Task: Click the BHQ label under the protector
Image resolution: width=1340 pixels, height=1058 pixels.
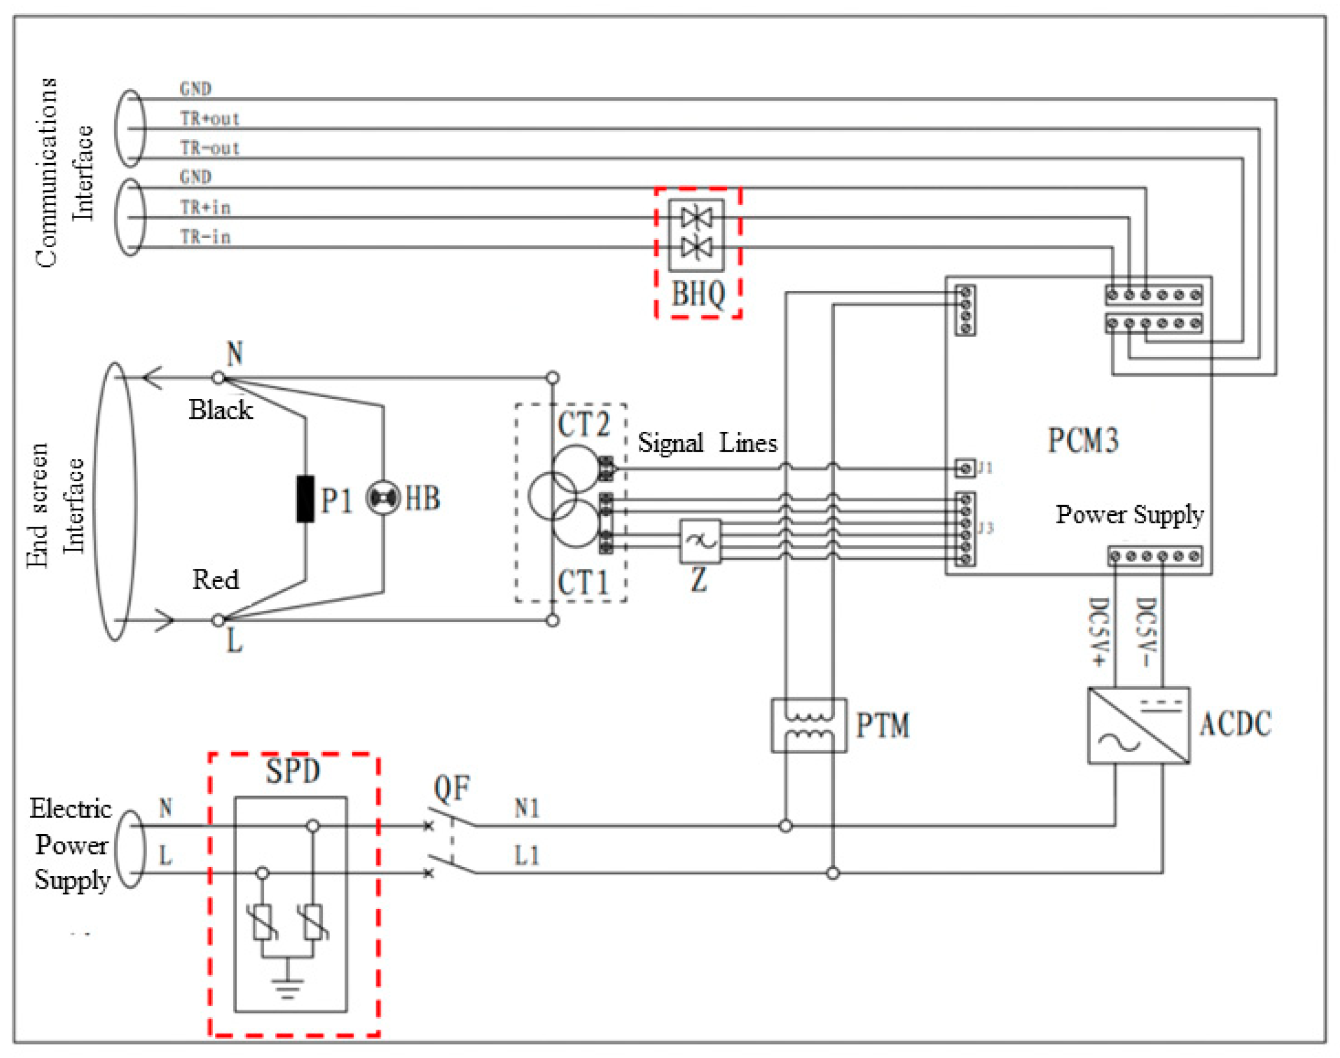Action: pos(698,294)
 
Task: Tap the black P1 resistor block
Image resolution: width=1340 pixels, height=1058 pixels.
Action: pos(305,499)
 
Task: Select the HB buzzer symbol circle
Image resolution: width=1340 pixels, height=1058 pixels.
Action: pos(383,498)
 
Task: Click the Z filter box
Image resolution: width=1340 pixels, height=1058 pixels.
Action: pos(700,542)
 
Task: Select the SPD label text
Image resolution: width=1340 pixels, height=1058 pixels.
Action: pos(293,771)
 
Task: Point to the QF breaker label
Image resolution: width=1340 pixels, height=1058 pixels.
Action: pos(451,788)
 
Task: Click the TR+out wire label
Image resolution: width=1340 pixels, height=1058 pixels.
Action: pos(209,118)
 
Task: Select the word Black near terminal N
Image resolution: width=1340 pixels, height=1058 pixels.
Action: pos(220,410)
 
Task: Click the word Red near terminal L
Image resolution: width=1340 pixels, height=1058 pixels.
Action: pos(215,580)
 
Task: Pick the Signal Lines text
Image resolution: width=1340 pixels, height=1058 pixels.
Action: pos(707,443)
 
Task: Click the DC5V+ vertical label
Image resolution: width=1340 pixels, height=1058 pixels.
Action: pos(1098,632)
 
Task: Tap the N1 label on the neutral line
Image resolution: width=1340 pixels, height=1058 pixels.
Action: pos(527,808)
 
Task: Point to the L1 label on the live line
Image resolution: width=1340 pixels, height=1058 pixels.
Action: pos(527,856)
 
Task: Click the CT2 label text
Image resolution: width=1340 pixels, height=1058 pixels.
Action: pos(583,424)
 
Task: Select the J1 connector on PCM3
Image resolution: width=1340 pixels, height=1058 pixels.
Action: pos(964,468)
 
